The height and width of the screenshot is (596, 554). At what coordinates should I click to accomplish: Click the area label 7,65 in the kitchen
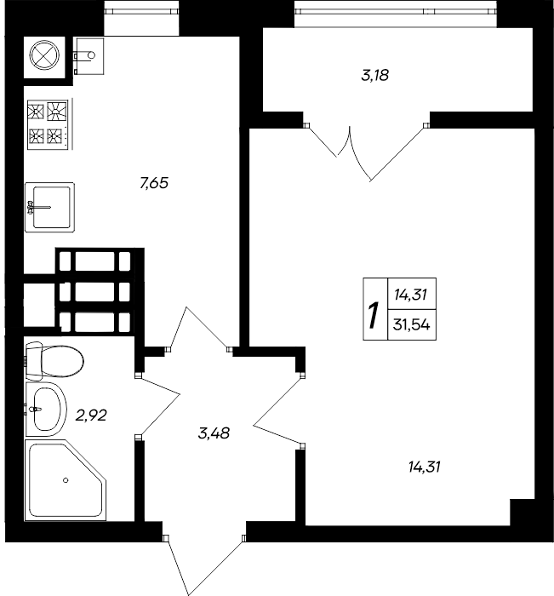(x=154, y=183)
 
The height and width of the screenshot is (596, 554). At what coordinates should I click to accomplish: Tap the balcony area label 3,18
(x=374, y=75)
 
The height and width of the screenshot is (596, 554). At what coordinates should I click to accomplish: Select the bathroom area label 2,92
(x=91, y=415)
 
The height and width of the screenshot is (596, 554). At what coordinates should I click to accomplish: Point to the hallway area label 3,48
(x=214, y=433)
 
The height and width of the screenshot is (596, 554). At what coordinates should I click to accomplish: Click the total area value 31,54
(x=412, y=325)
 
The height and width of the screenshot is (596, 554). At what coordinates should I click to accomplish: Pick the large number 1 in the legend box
(x=374, y=316)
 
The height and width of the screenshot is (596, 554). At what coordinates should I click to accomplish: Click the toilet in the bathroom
(x=54, y=361)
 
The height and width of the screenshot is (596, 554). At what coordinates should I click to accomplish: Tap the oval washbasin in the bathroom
(x=46, y=410)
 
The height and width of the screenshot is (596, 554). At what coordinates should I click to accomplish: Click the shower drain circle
(x=66, y=480)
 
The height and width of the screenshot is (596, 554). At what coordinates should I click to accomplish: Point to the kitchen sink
(x=49, y=207)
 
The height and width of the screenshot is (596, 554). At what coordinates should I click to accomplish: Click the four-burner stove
(x=49, y=124)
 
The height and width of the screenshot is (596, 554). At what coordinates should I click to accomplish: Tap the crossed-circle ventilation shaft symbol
(x=45, y=55)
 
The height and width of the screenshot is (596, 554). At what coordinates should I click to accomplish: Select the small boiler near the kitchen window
(x=89, y=55)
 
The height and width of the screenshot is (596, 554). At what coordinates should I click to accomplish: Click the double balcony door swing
(x=366, y=152)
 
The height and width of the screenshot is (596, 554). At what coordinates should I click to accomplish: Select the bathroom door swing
(x=157, y=405)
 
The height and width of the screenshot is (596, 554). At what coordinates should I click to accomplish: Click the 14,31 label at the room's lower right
(x=425, y=467)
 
